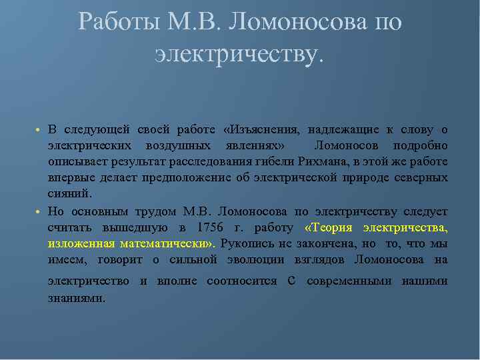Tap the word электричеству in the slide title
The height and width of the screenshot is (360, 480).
(239, 54)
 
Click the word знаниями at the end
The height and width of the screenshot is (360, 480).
(76, 298)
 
